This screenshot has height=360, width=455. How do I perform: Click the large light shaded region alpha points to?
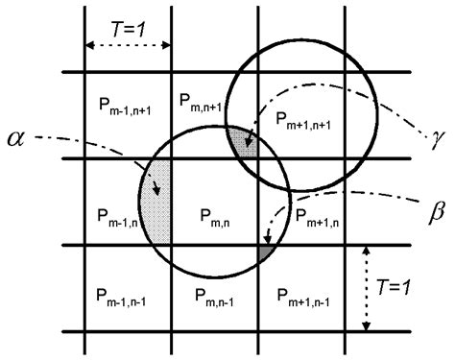[x=156, y=202]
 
